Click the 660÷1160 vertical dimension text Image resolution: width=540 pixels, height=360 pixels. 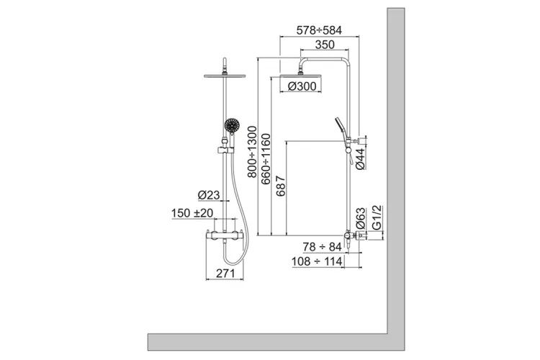tap(267, 159)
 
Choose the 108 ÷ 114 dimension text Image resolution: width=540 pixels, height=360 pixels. tap(317, 262)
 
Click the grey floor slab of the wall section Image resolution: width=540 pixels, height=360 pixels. tap(274, 339)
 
